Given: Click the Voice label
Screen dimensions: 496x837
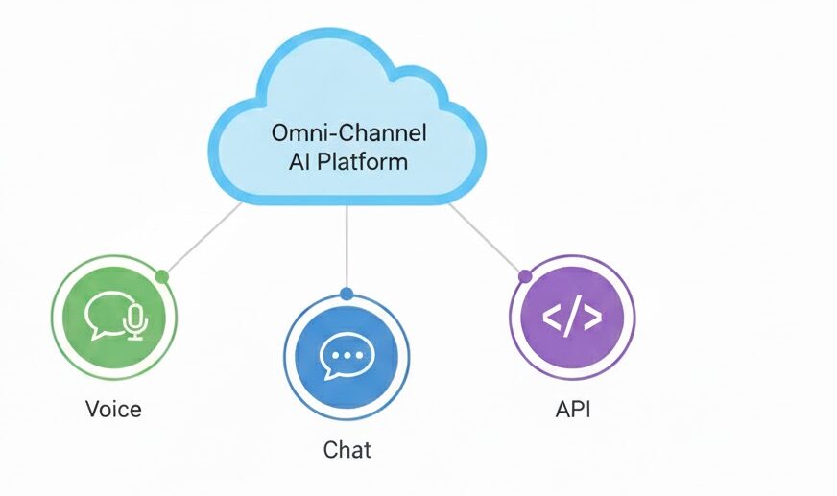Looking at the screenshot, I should (113, 410).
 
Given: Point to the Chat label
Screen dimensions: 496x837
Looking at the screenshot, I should (347, 449).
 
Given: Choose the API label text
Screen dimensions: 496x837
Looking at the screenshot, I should (573, 410).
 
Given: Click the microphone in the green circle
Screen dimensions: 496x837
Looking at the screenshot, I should (135, 321).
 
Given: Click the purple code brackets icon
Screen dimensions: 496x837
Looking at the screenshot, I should (572, 318).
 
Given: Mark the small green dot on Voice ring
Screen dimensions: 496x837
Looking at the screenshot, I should (162, 277).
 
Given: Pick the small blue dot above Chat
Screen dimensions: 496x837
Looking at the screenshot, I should (347, 294).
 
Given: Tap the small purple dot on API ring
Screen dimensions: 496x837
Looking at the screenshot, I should (524, 276).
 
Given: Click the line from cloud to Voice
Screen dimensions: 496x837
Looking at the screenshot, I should (203, 239).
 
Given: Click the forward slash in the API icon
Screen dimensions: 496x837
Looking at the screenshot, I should (572, 318).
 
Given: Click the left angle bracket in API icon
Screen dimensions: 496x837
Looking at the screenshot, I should (552, 318).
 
